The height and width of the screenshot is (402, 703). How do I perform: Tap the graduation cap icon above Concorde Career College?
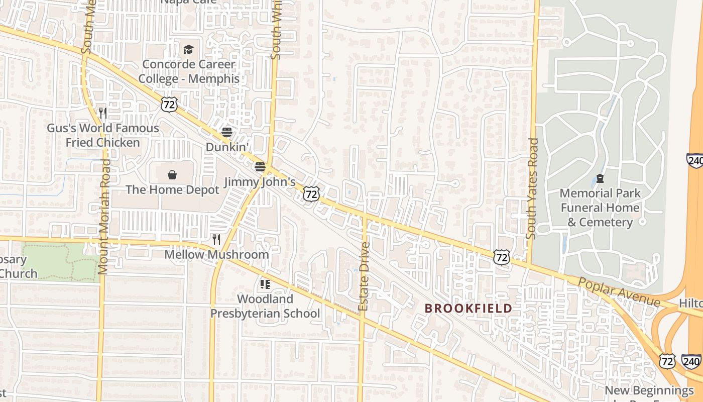pyautogui.click(x=188, y=49)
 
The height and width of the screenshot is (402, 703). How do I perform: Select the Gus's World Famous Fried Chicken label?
pyautogui.click(x=103, y=135)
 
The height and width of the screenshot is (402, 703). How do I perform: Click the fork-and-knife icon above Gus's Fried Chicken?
pyautogui.click(x=103, y=113)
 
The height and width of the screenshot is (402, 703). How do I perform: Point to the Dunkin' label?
pyautogui.click(x=227, y=147)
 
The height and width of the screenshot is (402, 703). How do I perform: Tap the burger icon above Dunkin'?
pyautogui.click(x=227, y=132)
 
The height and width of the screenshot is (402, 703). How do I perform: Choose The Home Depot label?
pyautogui.click(x=172, y=189)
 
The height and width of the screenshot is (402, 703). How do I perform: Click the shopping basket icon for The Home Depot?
pyautogui.click(x=172, y=174)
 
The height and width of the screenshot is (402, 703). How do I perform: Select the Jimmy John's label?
pyautogui.click(x=260, y=182)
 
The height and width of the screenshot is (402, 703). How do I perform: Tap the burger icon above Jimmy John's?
pyautogui.click(x=260, y=166)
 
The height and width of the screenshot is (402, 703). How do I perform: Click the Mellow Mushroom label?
pyautogui.click(x=216, y=254)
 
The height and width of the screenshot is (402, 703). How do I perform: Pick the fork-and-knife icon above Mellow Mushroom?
pyautogui.click(x=216, y=239)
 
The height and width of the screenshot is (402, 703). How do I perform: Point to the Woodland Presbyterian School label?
pyautogui.click(x=265, y=306)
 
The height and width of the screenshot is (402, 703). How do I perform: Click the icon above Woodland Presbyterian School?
pyautogui.click(x=265, y=284)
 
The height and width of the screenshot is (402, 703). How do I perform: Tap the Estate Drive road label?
pyautogui.click(x=364, y=276)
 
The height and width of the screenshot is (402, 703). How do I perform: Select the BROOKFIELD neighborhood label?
pyautogui.click(x=468, y=308)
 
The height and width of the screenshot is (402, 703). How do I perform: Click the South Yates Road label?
pyautogui.click(x=532, y=188)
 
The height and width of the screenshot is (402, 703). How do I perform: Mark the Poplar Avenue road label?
pyautogui.click(x=619, y=291)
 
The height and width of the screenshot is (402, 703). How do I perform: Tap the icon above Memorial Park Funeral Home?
pyautogui.click(x=600, y=178)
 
